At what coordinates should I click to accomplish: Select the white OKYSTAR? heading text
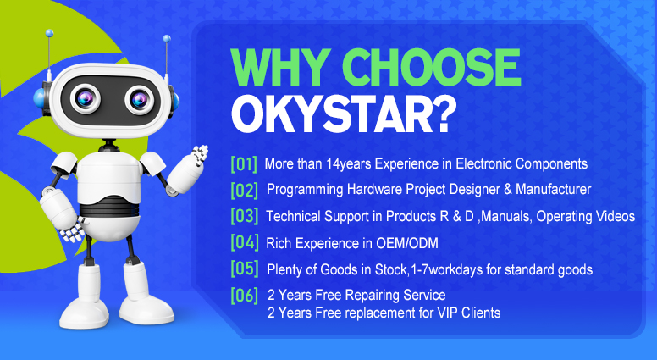coord(343,115)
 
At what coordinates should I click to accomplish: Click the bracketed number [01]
coord(244,163)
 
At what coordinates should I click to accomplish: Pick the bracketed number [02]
coord(245,190)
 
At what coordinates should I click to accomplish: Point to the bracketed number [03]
coord(245,216)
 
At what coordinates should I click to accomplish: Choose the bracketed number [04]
coord(245,242)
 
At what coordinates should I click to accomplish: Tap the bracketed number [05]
coord(245,269)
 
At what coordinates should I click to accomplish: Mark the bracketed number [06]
coord(245,296)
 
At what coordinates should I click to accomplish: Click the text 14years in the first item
coord(349,164)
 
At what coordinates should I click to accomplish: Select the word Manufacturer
coord(553,190)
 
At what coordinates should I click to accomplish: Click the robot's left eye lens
coord(85,99)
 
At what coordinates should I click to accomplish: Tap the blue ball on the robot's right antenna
coord(167,39)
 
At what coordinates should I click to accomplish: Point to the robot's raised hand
coord(200,154)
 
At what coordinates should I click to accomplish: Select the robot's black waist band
coord(109,206)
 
